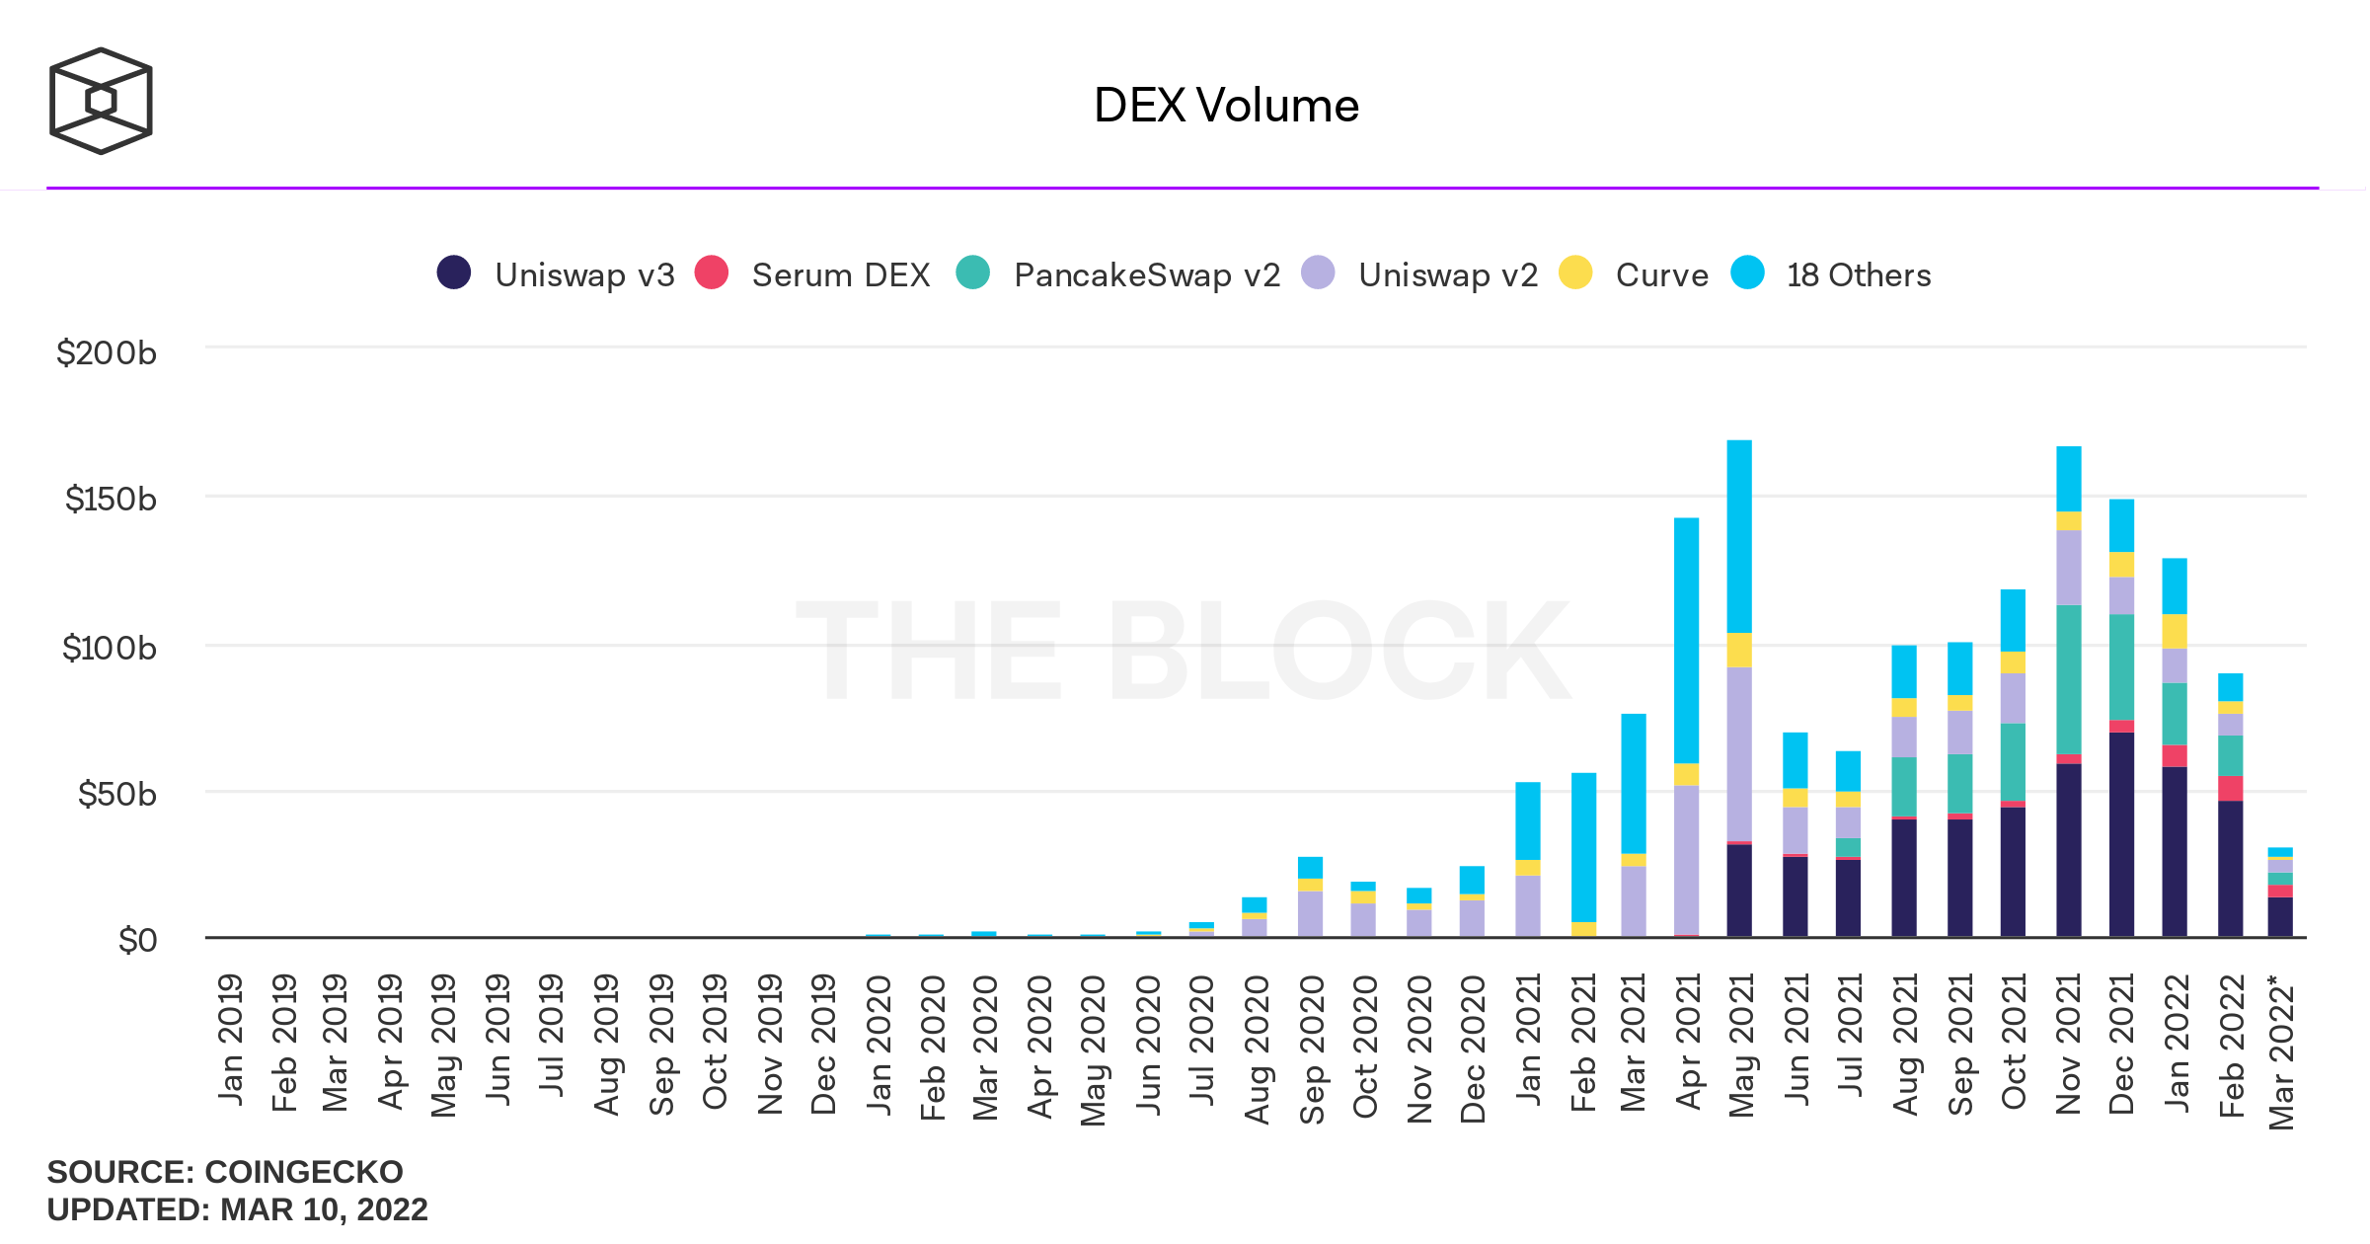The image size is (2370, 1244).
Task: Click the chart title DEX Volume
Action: (x=1225, y=106)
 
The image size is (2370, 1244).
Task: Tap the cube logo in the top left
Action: (x=101, y=101)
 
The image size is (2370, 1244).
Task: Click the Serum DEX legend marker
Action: (x=712, y=272)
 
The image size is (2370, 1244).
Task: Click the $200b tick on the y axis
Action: (x=107, y=352)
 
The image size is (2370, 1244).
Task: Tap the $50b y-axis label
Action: (x=116, y=794)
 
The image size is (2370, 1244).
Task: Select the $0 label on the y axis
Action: (x=137, y=940)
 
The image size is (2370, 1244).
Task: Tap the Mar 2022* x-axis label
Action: (x=2281, y=1051)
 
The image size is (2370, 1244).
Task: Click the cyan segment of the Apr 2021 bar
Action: (x=1686, y=640)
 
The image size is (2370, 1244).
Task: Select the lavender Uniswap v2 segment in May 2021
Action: (x=1739, y=753)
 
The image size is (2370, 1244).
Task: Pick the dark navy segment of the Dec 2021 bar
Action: (x=2121, y=834)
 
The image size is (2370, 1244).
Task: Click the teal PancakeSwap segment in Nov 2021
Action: (x=2069, y=679)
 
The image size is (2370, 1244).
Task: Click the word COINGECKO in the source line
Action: (x=303, y=1172)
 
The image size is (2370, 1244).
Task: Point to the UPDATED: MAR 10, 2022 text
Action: (x=237, y=1209)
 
